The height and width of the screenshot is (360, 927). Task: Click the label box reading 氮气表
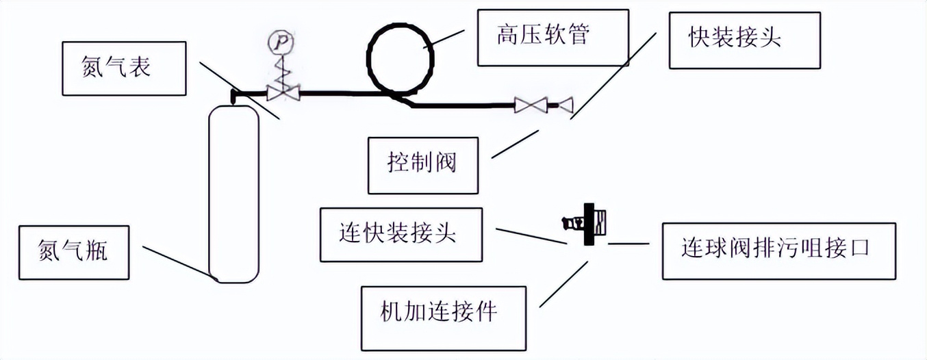[x=125, y=68]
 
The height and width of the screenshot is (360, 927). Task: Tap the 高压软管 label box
[x=553, y=37]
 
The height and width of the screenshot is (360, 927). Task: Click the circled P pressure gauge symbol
[x=279, y=42]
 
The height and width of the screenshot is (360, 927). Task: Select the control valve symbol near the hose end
[x=531, y=105]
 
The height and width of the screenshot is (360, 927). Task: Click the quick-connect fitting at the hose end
[x=565, y=105]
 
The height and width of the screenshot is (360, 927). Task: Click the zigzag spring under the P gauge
[x=279, y=69]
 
